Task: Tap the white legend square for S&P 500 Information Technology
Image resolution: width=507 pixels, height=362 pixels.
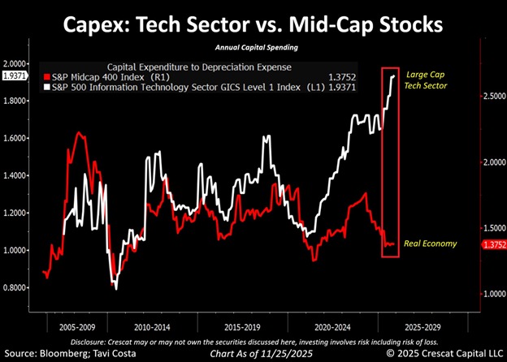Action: click(x=47, y=84)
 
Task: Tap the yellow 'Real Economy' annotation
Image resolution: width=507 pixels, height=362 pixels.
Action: click(x=431, y=243)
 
